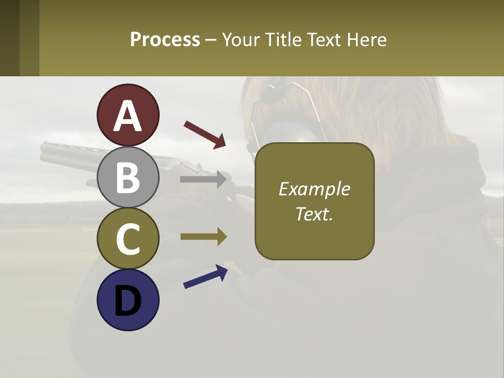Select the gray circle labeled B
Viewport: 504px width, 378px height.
[x=128, y=177]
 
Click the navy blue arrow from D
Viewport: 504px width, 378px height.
[x=205, y=277]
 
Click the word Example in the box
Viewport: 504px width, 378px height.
[x=314, y=189]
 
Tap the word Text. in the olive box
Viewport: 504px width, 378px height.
[x=314, y=214]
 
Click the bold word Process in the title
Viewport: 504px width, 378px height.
[x=165, y=39]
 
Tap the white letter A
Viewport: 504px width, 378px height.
[x=128, y=117]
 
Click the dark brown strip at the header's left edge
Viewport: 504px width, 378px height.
[x=9, y=38]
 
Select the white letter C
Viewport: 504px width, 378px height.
[x=128, y=239]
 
